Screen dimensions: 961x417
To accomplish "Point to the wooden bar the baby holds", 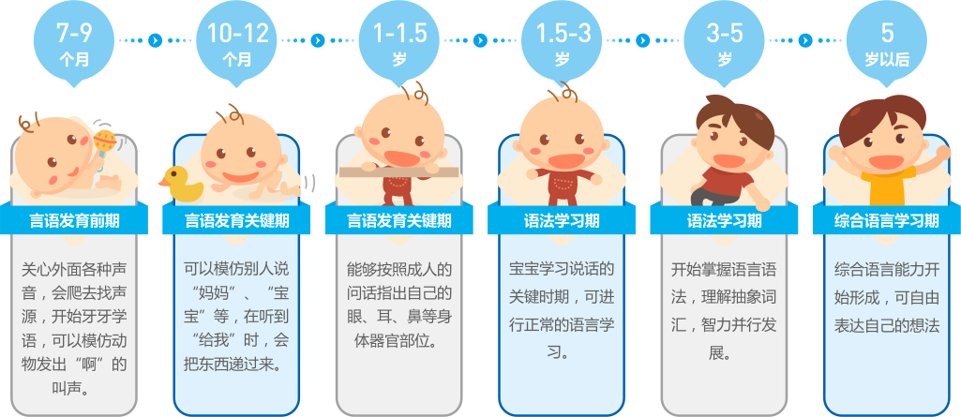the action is point(399,172).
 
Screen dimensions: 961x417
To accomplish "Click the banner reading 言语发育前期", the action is point(74,220).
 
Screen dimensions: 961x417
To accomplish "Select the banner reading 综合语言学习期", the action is point(887,220).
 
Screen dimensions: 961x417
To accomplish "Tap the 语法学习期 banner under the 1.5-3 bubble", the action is point(562,220).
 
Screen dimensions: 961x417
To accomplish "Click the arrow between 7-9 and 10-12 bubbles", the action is point(156,41).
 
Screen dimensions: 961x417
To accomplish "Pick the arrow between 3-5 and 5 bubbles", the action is point(806,41).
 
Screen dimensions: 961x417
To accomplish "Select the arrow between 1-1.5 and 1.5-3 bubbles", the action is point(480,41).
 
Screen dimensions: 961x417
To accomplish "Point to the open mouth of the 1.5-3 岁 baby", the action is point(563,161).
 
